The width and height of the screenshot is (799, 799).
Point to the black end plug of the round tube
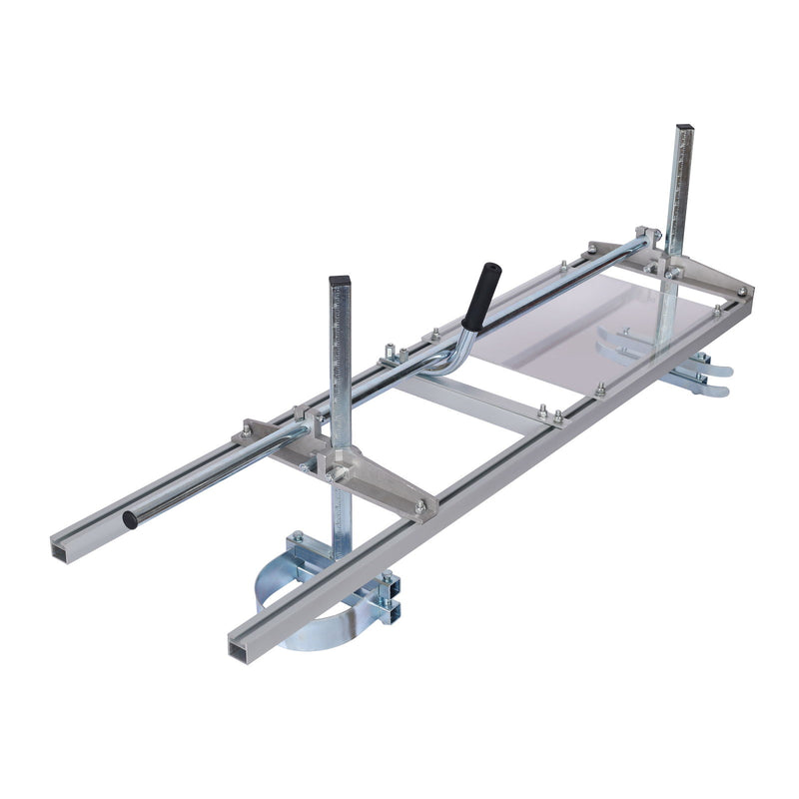pyautogui.click(x=129, y=520)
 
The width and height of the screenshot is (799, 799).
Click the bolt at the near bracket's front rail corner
pyautogui.click(x=420, y=507)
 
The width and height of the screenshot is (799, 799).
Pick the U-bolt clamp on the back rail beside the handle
pyautogui.click(x=393, y=354)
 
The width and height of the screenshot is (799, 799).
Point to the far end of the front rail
pyautogui.click(x=744, y=293)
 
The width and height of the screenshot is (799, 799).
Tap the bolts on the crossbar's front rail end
pyautogui.click(x=548, y=413)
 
